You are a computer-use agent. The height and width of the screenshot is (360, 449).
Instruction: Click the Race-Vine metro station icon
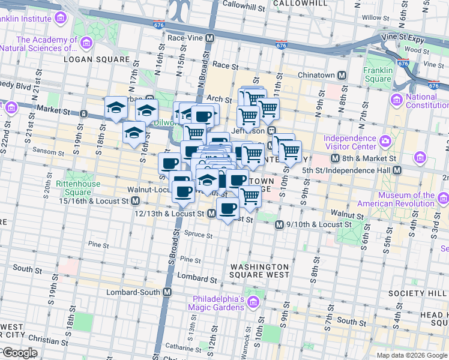[209, 38]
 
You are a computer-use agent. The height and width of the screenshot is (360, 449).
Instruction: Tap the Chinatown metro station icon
[342, 75]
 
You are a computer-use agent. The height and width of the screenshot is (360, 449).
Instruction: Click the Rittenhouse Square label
[73, 188]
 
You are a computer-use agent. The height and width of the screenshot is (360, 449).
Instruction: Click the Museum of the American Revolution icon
[444, 199]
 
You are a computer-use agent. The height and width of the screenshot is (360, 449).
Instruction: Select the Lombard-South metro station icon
[167, 292]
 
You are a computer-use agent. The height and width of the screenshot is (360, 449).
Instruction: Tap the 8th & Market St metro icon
[336, 158]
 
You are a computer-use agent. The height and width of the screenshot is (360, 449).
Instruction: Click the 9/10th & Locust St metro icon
[279, 224]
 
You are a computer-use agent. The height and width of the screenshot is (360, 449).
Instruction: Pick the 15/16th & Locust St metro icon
[136, 200]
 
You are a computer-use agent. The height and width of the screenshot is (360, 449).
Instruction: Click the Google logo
[19, 353]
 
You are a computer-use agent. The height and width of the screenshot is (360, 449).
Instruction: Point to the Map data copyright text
[412, 355]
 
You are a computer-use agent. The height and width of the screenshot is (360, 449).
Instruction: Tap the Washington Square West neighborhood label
[259, 271]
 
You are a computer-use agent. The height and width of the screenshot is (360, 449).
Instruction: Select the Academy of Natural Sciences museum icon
[86, 43]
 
